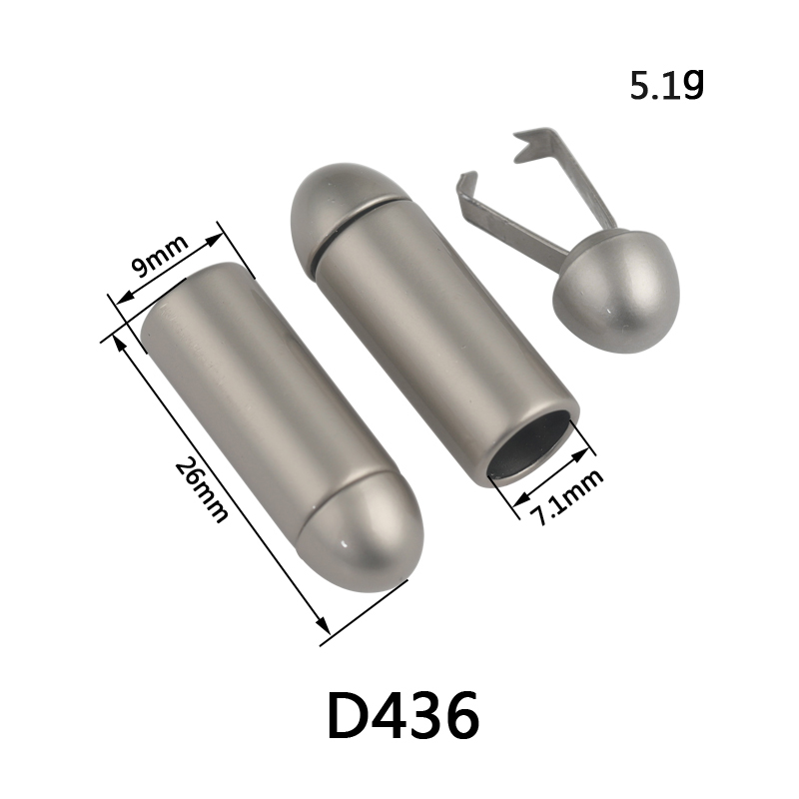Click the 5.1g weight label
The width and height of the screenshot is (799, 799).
(667, 85)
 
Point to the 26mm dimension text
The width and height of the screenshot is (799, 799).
(201, 489)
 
